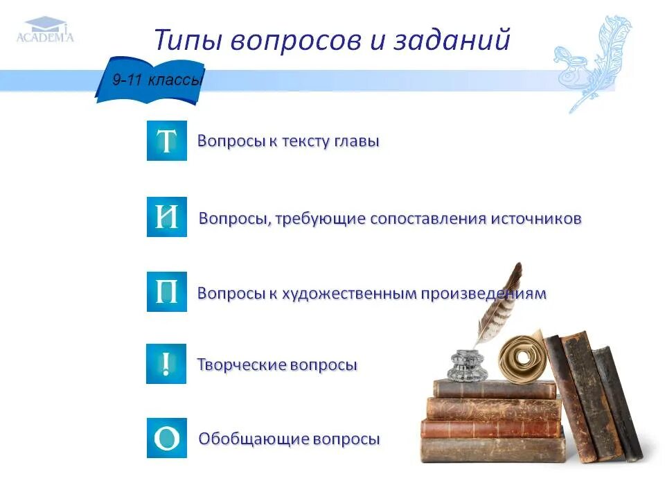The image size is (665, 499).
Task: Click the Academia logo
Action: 45,30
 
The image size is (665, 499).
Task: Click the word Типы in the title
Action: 186,40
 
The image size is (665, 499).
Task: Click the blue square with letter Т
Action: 167,141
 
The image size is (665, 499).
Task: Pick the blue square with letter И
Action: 167,217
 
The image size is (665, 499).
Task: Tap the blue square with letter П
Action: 167,292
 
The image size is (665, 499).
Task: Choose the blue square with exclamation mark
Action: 166,363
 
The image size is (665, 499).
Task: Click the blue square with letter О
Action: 167,437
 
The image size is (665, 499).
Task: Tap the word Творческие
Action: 238,365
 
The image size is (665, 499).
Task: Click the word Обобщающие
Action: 254,439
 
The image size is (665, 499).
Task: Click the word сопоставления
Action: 422,218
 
